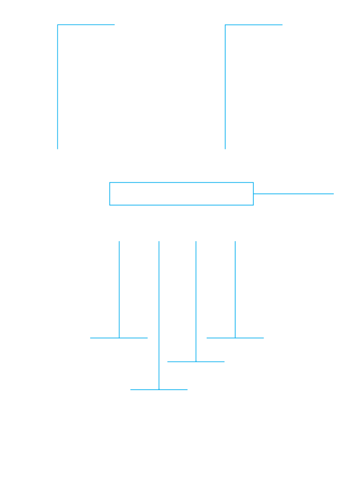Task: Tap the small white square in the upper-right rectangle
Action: [228, 41]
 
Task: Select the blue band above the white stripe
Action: [86, 31]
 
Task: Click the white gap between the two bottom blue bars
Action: [196, 386]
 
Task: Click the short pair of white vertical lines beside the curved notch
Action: [196, 350]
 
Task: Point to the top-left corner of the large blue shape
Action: [110, 182]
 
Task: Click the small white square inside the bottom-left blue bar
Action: [161, 386]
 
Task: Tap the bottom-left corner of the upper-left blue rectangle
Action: [57, 149]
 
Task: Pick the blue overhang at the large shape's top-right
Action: [307, 188]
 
